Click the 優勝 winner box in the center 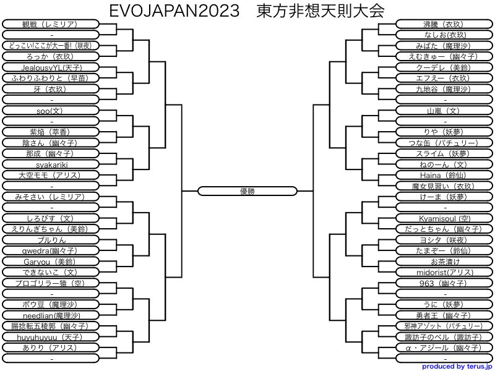pos(247,191)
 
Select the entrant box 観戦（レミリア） pos(51,24)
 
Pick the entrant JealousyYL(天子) pos(51,67)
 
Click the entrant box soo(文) pos(51,110)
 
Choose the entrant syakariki pos(51,164)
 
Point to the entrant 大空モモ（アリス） pos(51,175)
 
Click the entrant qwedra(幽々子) pos(51,250)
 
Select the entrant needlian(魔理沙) pos(51,315)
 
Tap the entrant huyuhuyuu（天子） pos(51,337)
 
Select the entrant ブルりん pos(51,240)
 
